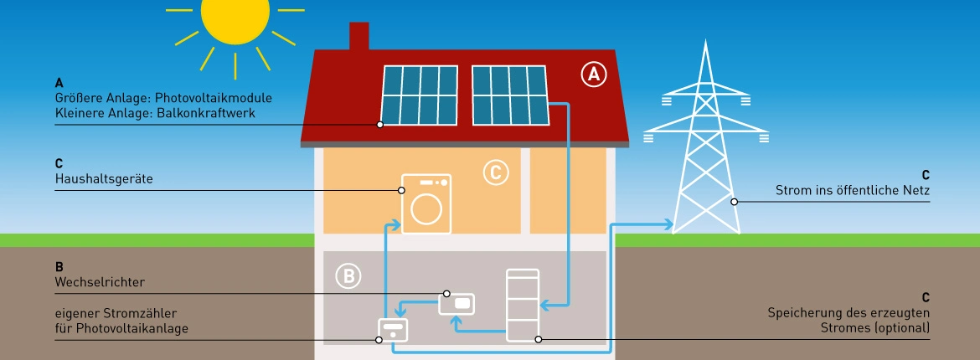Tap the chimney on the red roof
click(x=358, y=37)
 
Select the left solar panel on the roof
click(x=420, y=94)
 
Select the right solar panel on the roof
click(x=509, y=94)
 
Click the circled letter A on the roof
click(x=593, y=75)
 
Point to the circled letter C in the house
click(x=496, y=172)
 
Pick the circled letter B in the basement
click(x=347, y=275)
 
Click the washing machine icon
click(x=426, y=203)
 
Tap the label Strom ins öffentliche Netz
click(x=853, y=192)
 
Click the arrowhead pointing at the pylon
click(x=668, y=224)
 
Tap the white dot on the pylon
click(x=734, y=201)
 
